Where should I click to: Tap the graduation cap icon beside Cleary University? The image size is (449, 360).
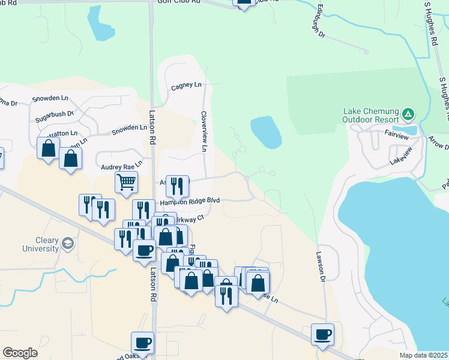(68, 244)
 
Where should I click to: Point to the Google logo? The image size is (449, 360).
(20, 353)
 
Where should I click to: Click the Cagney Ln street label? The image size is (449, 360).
(186, 85)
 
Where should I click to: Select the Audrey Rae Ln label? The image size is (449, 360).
(121, 163)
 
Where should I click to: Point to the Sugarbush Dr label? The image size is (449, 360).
(53, 113)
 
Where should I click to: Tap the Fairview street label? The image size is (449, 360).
(397, 137)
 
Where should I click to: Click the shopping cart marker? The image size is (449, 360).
(126, 181)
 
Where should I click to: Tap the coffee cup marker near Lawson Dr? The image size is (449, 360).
(322, 334)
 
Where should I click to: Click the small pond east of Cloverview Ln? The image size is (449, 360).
(266, 132)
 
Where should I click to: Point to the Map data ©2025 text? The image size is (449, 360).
(424, 355)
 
